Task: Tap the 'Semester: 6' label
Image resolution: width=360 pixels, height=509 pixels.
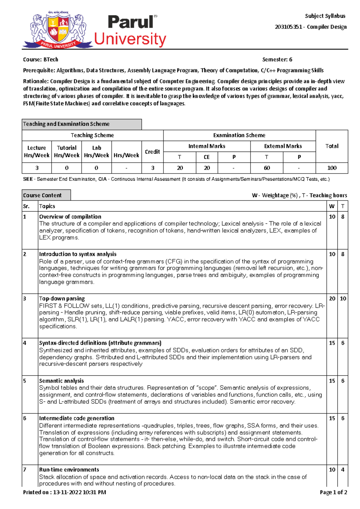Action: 277,59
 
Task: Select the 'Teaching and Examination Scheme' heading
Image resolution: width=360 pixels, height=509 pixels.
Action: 66,124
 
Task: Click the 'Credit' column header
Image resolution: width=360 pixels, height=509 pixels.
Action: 152,152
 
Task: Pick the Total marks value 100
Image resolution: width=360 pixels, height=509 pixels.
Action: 332,168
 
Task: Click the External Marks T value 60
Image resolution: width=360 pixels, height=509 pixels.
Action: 267,168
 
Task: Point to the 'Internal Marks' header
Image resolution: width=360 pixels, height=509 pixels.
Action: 207,146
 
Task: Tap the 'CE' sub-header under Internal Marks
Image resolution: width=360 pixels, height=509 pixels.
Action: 207,157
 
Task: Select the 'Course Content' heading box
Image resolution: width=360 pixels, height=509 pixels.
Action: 42,195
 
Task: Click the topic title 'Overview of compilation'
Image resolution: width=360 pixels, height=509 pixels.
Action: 70,217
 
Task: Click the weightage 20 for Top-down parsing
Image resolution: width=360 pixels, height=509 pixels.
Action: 332,299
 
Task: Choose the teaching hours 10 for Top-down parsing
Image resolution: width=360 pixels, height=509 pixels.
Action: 343,299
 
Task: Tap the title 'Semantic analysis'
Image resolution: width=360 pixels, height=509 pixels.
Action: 61,381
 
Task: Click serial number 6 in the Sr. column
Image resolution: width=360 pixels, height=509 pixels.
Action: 25,418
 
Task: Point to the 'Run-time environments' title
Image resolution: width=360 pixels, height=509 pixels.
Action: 69,470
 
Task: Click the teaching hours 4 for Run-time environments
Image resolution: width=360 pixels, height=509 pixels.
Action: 343,470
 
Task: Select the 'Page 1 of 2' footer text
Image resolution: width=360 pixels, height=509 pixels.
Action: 333,492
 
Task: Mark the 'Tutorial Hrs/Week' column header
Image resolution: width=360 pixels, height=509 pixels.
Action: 67,152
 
